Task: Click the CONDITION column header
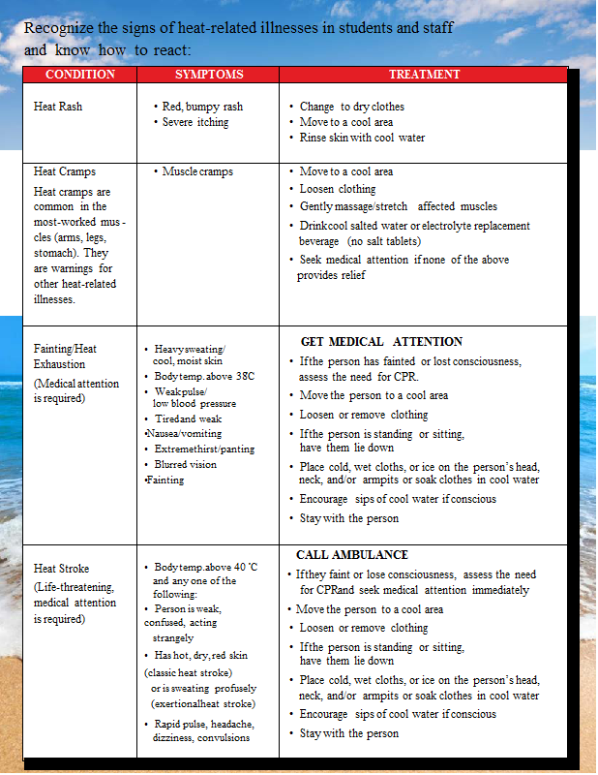(80, 75)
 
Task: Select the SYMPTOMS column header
(209, 75)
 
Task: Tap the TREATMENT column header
(424, 75)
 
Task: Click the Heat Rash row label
(58, 107)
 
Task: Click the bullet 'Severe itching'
(195, 122)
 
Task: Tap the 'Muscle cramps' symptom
(197, 171)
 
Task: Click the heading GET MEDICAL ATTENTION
(381, 342)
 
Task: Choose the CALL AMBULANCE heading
(352, 555)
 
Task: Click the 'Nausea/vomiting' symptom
(183, 434)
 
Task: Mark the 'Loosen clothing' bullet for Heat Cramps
(338, 189)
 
